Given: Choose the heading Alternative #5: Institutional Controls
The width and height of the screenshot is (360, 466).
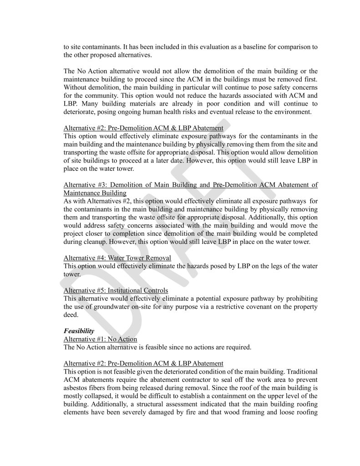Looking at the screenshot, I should pyautogui.click(x=116, y=290).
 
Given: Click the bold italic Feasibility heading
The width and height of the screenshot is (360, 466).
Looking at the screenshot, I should pyautogui.click(x=79, y=332).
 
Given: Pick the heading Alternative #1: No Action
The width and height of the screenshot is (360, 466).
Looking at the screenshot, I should pyautogui.click(x=100, y=339).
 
